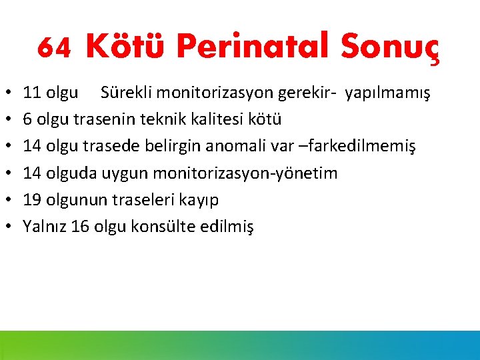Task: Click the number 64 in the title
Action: point(54,46)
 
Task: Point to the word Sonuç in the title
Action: point(390,46)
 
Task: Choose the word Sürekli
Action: point(125,92)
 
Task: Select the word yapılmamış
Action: point(387,93)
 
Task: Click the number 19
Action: point(31,199)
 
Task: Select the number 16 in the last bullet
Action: point(80,227)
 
